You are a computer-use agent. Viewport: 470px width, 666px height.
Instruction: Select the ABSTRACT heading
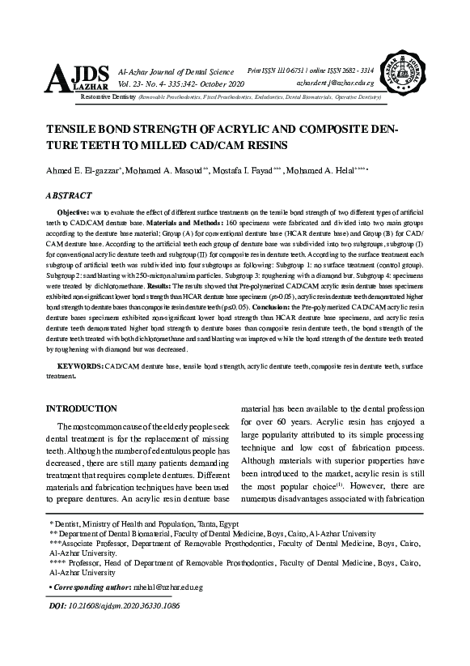[70, 195]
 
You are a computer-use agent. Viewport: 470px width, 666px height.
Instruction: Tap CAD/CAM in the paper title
[185, 146]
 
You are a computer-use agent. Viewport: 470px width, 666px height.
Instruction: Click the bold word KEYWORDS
[81, 367]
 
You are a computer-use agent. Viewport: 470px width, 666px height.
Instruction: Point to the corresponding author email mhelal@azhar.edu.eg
[170, 585]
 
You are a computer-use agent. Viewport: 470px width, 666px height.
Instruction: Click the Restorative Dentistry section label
[108, 96]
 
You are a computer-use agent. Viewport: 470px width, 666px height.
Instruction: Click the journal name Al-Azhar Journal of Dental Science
[176, 72]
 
